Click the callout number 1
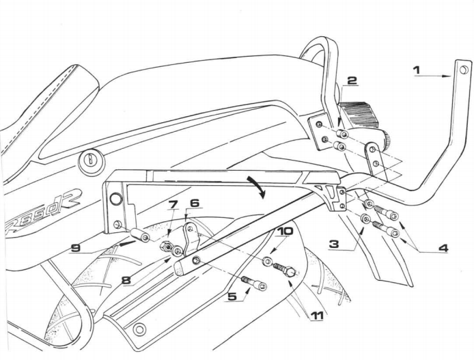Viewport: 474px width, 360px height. point(417,68)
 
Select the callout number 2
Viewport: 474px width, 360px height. point(351,81)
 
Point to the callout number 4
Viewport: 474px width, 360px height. point(443,248)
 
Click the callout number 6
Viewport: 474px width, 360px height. point(195,203)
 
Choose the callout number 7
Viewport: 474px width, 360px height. point(173,204)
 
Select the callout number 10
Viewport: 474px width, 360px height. point(285,231)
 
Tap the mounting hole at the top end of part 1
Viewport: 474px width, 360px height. point(464,69)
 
